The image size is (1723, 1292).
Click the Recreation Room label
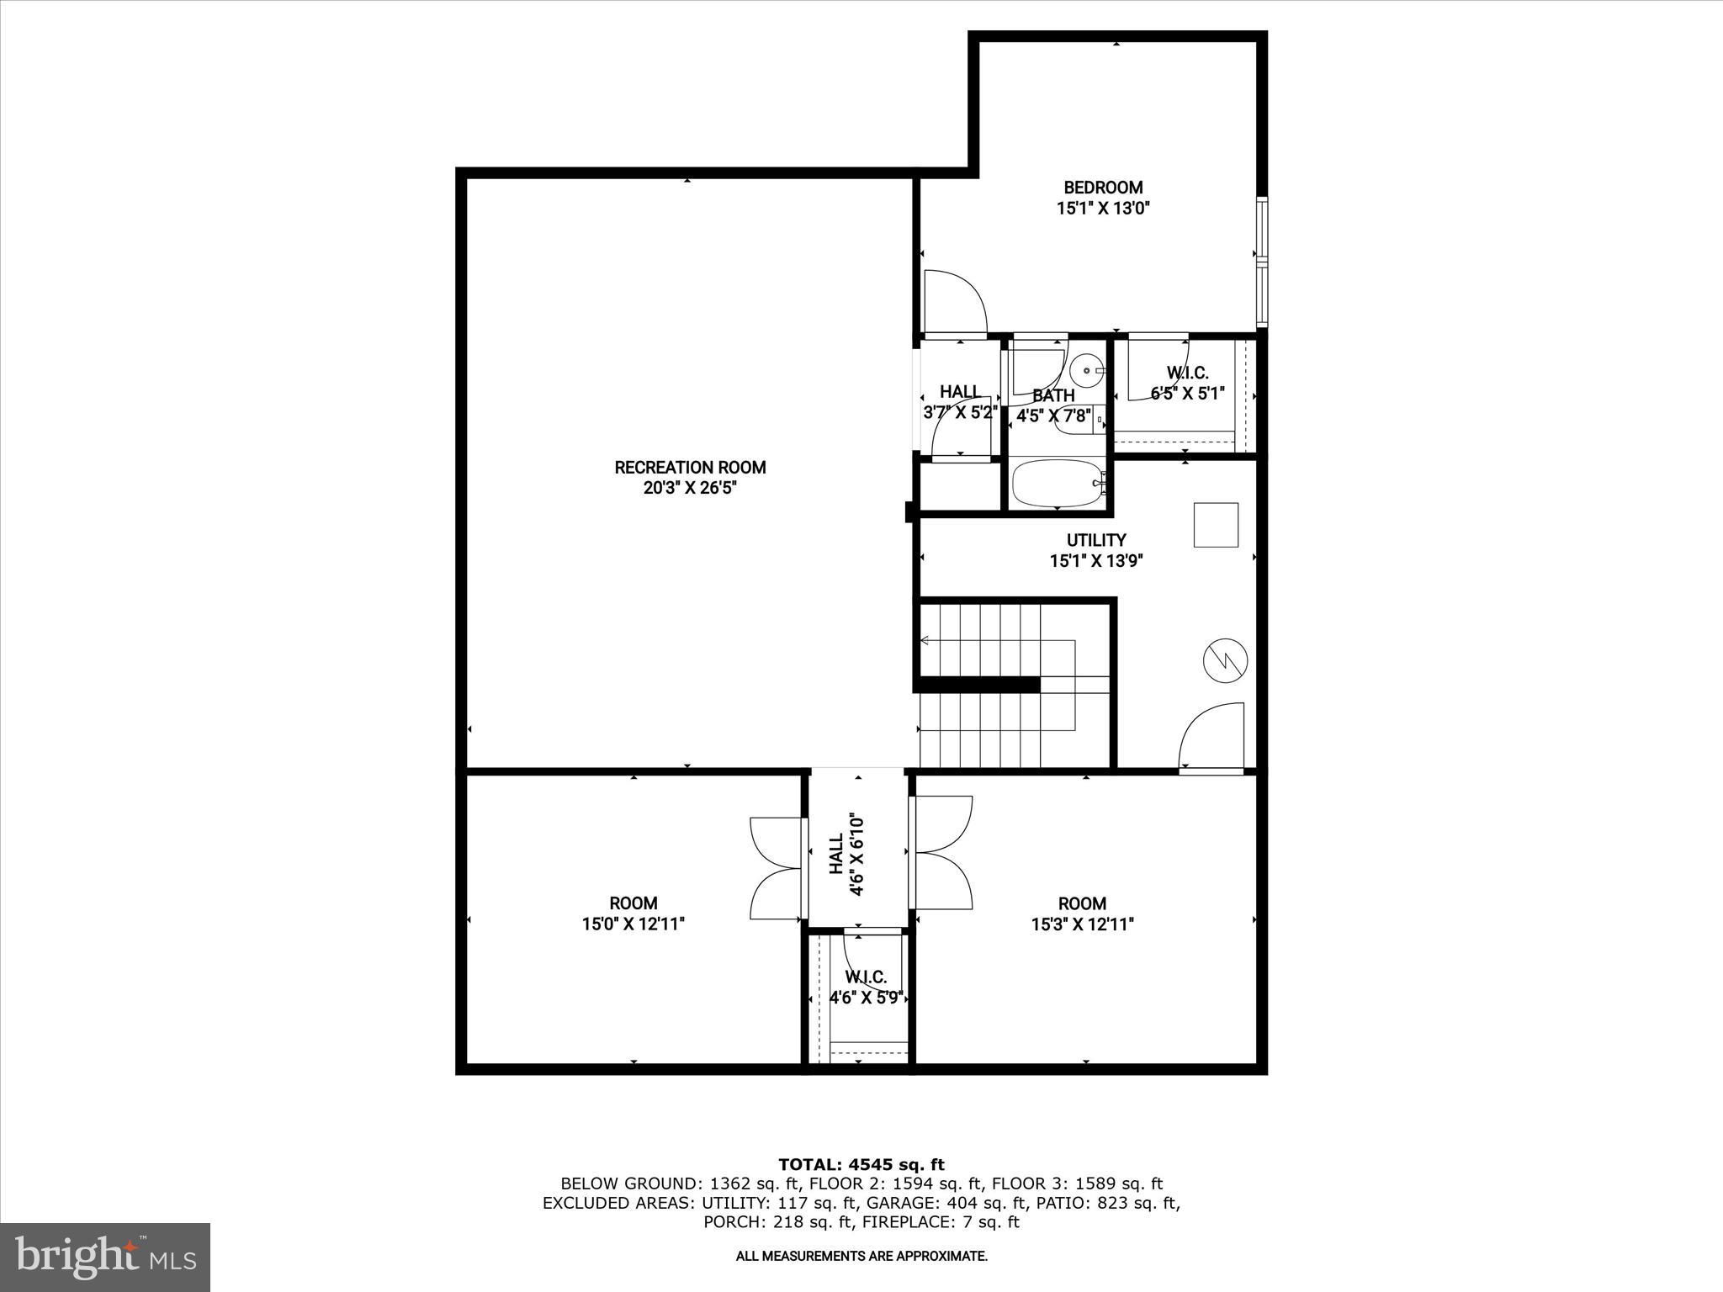tap(690, 468)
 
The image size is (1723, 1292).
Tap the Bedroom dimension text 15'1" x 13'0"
tap(1103, 209)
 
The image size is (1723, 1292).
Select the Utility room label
tap(1096, 540)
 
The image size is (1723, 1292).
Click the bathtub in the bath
tap(1058, 484)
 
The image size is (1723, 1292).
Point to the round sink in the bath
tap(1088, 369)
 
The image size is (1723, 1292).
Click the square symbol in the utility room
tap(1216, 526)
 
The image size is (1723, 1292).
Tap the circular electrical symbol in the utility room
tap(1225, 660)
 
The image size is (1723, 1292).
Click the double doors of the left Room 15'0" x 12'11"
tap(776, 867)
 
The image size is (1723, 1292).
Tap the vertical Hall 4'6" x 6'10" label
tap(846, 855)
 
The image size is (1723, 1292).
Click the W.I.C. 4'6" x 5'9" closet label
tap(866, 977)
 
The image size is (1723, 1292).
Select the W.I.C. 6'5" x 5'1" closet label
tap(1187, 373)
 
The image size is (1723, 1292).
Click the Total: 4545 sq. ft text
tap(861, 1164)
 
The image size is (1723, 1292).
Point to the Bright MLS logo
tap(105, 1257)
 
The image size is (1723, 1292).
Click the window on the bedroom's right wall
tap(1261, 262)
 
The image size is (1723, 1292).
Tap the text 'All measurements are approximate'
tap(861, 1257)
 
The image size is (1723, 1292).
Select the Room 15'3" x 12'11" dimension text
tap(1082, 924)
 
